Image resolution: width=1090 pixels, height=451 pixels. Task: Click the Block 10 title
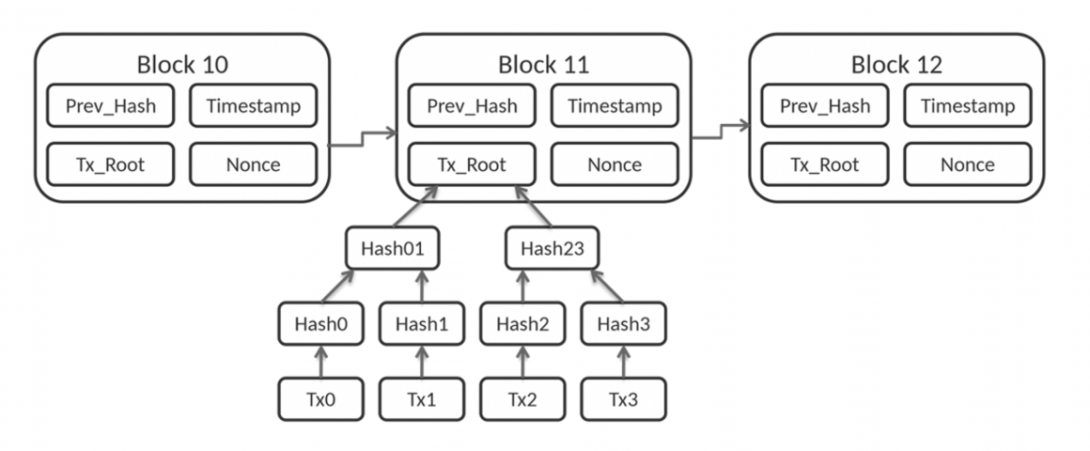pyautogui.click(x=182, y=65)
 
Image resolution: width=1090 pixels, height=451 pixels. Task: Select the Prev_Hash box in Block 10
pyautogui.click(x=110, y=105)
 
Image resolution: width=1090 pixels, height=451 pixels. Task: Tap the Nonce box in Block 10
pyautogui.click(x=253, y=164)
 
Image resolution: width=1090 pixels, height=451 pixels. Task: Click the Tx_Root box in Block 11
pyautogui.click(x=471, y=164)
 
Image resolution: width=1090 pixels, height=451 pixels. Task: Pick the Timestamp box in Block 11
pyautogui.click(x=614, y=105)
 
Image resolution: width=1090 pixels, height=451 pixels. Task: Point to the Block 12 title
pyautogui.click(x=896, y=65)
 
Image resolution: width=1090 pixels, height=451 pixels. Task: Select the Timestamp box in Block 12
pyautogui.click(x=967, y=105)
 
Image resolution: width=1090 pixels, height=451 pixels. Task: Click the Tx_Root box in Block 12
pyautogui.click(x=824, y=164)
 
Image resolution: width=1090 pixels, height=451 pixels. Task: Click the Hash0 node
pyautogui.click(x=320, y=324)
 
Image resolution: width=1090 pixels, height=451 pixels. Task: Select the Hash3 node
pyautogui.click(x=623, y=324)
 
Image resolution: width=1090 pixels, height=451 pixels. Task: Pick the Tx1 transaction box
pyautogui.click(x=421, y=399)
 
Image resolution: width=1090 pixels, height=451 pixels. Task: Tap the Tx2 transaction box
pyautogui.click(x=522, y=399)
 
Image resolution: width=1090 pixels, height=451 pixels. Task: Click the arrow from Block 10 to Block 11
pyautogui.click(x=363, y=140)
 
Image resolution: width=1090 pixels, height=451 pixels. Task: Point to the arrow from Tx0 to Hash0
pyautogui.click(x=320, y=362)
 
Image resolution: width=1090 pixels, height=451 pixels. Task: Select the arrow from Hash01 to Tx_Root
pyautogui.click(x=415, y=206)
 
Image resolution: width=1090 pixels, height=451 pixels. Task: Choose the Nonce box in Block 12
pyautogui.click(x=967, y=164)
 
